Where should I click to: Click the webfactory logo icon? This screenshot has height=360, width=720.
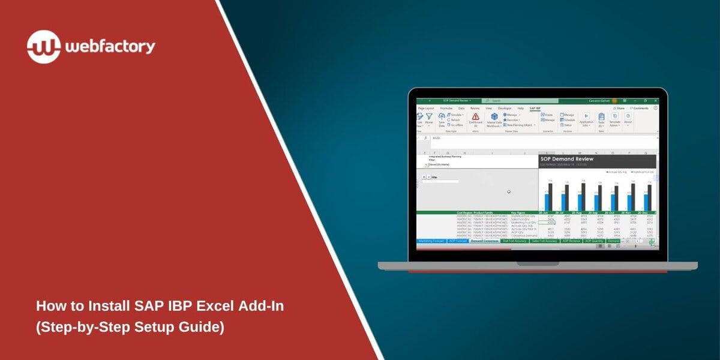pos(44,47)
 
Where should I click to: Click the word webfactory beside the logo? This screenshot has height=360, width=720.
pos(110,47)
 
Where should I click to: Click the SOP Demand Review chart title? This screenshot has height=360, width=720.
pos(567,159)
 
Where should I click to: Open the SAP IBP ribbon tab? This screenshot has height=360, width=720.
pos(535,108)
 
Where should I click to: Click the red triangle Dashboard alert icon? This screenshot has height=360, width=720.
pos(475,116)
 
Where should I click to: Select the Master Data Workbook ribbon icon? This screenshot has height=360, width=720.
pos(494,117)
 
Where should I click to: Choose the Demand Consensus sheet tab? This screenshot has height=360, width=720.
pos(484,241)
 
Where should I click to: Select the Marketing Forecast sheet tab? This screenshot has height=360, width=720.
pos(431,241)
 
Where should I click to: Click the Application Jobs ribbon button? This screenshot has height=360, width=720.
pos(586,118)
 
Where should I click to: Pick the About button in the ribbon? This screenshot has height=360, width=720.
pos(628,118)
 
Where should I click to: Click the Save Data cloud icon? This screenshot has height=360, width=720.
pos(442,117)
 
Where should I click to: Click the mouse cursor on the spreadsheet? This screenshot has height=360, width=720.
pos(508,192)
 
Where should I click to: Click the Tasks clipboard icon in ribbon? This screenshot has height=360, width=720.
pos(601,118)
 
